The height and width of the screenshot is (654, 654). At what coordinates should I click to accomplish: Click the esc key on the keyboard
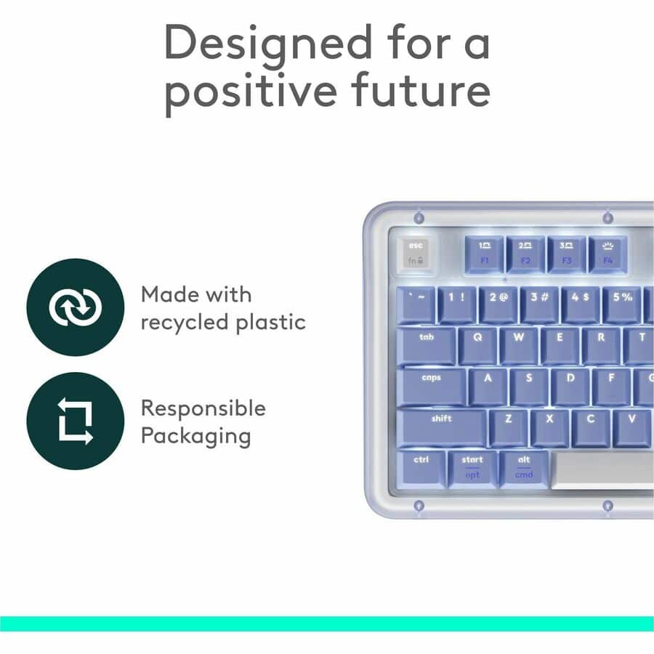tap(416, 253)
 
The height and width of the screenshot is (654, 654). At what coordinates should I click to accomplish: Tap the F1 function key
tap(485, 253)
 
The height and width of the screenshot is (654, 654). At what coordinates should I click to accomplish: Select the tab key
tap(427, 345)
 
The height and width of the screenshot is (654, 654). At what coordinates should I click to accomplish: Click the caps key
tap(432, 386)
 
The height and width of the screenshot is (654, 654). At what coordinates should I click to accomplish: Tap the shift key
tap(441, 427)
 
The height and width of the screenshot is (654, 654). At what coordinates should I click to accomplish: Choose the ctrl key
tap(421, 468)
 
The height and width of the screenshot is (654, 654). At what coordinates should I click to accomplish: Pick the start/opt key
tap(472, 468)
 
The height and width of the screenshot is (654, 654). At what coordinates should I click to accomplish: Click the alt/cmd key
tap(524, 468)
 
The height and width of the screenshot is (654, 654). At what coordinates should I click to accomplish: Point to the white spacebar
tap(603, 469)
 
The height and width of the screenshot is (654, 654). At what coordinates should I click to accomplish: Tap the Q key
tap(478, 345)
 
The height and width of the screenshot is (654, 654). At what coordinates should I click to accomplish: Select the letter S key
tap(529, 386)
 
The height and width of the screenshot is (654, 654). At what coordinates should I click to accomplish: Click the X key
tap(549, 427)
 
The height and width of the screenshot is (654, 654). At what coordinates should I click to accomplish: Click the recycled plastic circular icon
tap(75, 307)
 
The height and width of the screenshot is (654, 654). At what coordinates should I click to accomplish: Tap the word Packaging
tap(195, 437)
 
